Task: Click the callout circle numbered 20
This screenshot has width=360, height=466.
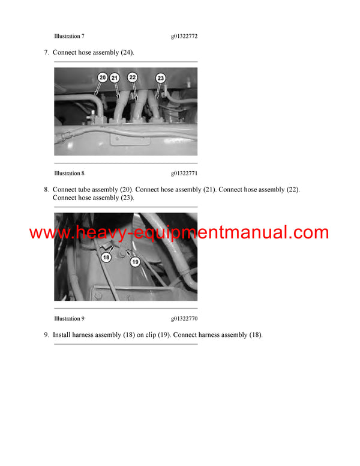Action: coord(103,77)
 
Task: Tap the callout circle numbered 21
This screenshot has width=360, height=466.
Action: coord(115,77)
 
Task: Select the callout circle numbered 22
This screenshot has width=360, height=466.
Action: coord(133,77)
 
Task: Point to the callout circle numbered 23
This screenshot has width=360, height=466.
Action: coord(160,78)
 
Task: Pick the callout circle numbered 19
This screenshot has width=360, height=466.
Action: coord(135,262)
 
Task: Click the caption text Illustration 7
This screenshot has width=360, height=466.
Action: coord(68,37)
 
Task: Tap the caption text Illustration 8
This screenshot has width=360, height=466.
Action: coord(68,174)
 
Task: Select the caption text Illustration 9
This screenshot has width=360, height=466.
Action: coord(68,319)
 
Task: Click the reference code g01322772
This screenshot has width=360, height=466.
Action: coord(184,37)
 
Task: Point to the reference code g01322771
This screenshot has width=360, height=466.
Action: coord(184,174)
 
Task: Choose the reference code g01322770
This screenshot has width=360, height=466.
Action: coord(184,319)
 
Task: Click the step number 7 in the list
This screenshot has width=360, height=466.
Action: coord(46,53)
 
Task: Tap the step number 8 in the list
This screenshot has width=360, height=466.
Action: coord(46,190)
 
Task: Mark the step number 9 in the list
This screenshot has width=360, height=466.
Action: coord(46,335)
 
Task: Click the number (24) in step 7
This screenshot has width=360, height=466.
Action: coord(127,53)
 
